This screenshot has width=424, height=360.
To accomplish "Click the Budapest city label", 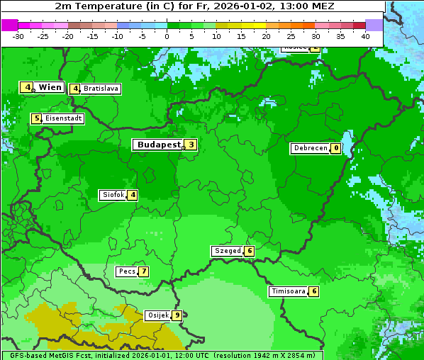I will click(158, 145).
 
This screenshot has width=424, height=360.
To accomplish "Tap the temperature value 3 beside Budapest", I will click(191, 145).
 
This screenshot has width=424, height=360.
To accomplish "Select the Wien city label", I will click(50, 87).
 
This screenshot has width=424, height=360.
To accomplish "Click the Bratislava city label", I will click(100, 89).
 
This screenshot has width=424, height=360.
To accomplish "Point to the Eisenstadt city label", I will click(63, 118).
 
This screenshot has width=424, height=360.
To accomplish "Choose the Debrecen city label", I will click(310, 149).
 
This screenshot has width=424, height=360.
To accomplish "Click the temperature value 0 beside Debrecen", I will click(335, 149).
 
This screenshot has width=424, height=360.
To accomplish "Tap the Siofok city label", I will click(113, 195).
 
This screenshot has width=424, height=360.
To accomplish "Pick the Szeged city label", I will click(228, 251).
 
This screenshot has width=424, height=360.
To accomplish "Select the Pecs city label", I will click(127, 271).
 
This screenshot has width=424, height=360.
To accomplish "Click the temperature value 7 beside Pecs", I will click(143, 271).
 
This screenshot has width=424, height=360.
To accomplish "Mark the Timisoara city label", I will click(289, 291).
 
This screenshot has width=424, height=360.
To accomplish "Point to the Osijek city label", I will click(157, 315).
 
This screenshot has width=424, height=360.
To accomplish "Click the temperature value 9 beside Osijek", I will click(177, 315).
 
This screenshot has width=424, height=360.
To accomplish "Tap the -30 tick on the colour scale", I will click(18, 36).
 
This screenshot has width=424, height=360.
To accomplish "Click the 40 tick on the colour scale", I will click(365, 36).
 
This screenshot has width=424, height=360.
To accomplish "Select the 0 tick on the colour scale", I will click(167, 36).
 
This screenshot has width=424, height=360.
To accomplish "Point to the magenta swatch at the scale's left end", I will click(9, 25).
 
